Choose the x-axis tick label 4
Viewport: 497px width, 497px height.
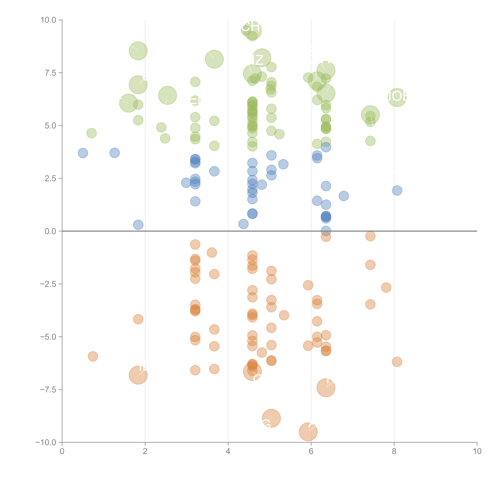point(228,451)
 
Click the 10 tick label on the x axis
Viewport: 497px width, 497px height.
point(477,451)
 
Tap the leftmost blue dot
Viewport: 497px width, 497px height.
point(83,153)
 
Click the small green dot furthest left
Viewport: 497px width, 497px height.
point(91,133)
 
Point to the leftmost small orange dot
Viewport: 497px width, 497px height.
point(93,356)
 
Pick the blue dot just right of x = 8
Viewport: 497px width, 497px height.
point(397,190)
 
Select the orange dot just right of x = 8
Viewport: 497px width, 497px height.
point(397,362)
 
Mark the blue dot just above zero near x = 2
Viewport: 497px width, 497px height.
point(138,225)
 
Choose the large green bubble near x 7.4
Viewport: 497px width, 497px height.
point(370,115)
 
